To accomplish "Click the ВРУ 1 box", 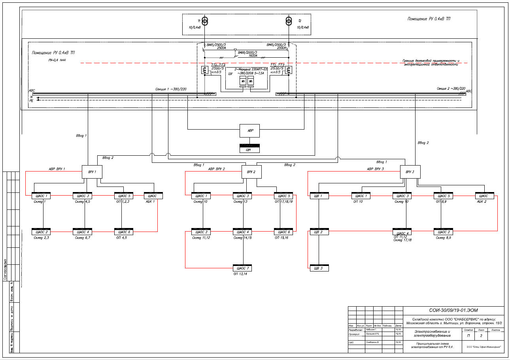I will (92, 172).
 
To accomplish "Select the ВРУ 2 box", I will (251, 172).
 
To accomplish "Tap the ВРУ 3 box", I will (410, 172).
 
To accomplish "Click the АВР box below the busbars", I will (249, 131).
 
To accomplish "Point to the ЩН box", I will (249, 149).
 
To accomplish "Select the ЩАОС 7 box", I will (242, 268).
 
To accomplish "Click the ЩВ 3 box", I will (319, 268).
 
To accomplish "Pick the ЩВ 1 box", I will (319, 196).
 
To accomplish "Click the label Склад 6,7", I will (83, 238).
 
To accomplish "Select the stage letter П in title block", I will (468, 336).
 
